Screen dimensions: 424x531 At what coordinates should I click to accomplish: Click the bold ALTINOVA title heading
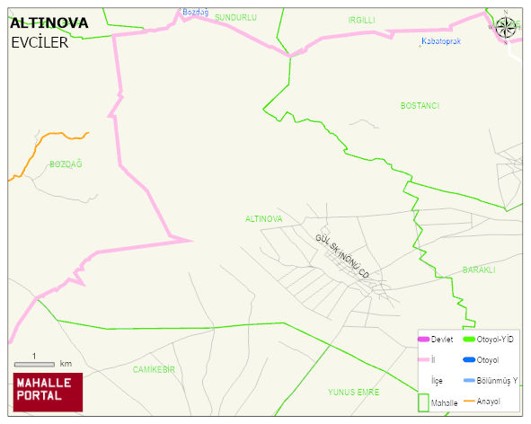(49, 22)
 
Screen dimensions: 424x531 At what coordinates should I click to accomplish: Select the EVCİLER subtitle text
(40, 41)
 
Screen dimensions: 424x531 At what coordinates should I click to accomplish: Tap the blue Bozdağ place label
(195, 12)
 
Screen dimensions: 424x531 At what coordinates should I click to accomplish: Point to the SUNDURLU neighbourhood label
(235, 17)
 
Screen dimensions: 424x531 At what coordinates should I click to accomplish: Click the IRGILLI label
(361, 19)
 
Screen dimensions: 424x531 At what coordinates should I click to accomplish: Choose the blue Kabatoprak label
(441, 41)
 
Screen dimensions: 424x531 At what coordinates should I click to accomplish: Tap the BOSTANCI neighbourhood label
(420, 106)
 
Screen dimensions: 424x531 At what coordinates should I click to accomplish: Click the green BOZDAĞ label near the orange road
(66, 163)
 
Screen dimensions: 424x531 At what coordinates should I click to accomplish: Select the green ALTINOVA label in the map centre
(263, 218)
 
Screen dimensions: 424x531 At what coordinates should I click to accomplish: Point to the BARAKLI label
(479, 269)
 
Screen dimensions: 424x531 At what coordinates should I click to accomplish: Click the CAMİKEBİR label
(154, 369)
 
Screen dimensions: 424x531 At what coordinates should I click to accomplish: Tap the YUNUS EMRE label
(353, 393)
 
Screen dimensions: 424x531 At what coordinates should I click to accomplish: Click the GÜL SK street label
(326, 243)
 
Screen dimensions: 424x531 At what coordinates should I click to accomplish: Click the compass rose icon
(506, 27)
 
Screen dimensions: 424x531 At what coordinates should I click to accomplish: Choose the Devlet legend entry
(434, 339)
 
